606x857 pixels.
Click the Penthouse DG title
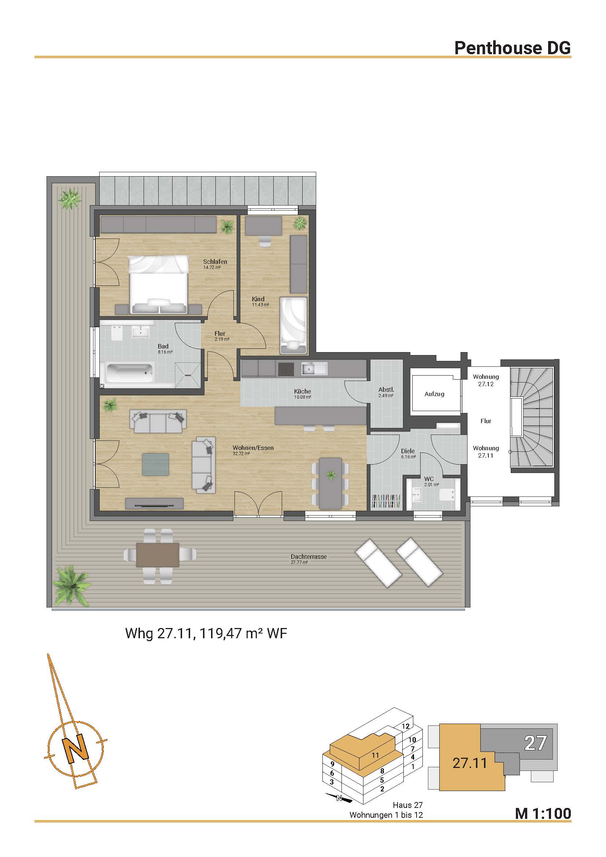512,48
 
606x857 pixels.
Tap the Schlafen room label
215,262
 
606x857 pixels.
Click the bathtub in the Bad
130,373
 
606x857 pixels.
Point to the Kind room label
258,299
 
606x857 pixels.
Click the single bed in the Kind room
293,325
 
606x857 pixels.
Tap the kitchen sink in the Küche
315,369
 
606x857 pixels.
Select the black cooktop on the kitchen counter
285,369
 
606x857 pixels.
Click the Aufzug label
435,394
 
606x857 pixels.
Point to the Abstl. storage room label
386,390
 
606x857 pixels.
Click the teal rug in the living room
155,464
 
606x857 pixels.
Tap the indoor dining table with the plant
330,483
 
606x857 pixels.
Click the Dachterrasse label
308,557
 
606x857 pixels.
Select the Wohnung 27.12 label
486,380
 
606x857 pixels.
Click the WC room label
429,479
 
